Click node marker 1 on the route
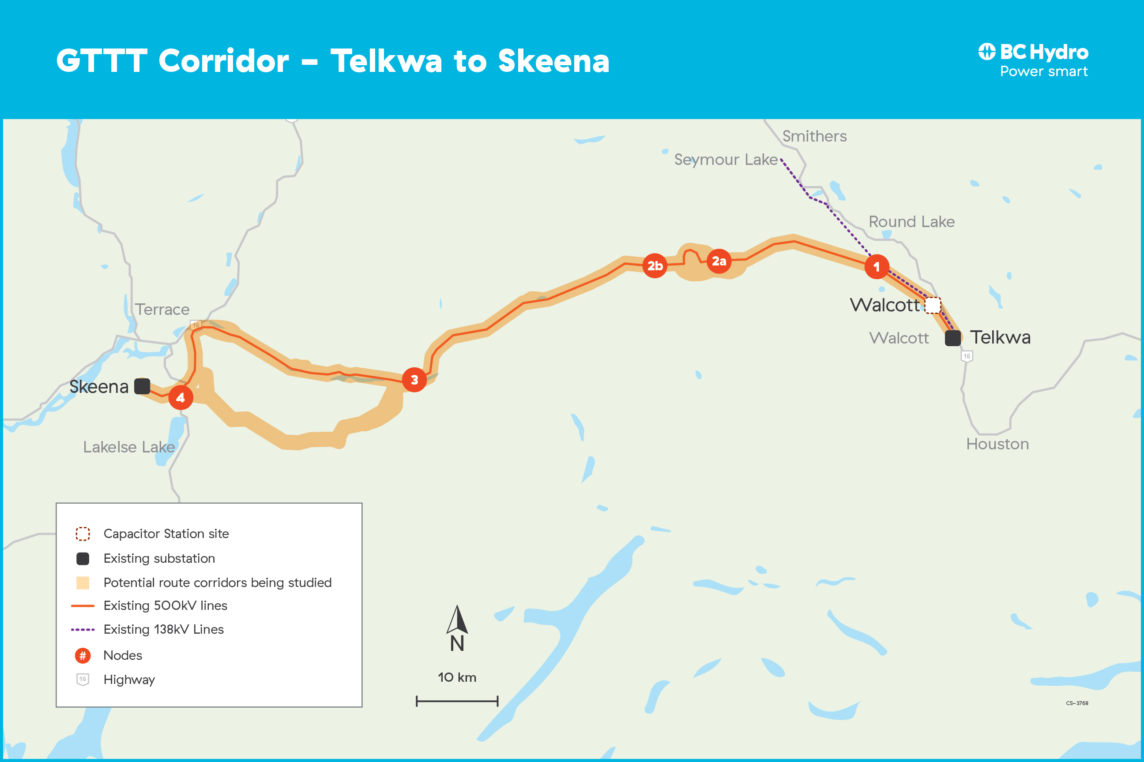click(x=877, y=266)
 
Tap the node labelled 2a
click(x=719, y=261)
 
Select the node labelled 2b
click(x=655, y=266)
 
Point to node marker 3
click(x=414, y=380)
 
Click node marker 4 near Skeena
click(x=181, y=397)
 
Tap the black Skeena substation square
click(x=142, y=386)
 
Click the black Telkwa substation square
click(x=953, y=338)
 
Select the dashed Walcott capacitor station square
click(x=933, y=305)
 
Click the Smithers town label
click(x=814, y=137)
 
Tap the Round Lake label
click(x=911, y=222)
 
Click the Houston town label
click(x=997, y=444)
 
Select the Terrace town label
click(x=162, y=310)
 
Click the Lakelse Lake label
click(x=129, y=447)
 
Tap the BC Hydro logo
click(x=1033, y=60)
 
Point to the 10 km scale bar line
click(x=457, y=701)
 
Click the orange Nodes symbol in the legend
click(x=83, y=656)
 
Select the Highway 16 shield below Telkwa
click(x=967, y=356)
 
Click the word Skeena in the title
click(x=553, y=62)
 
